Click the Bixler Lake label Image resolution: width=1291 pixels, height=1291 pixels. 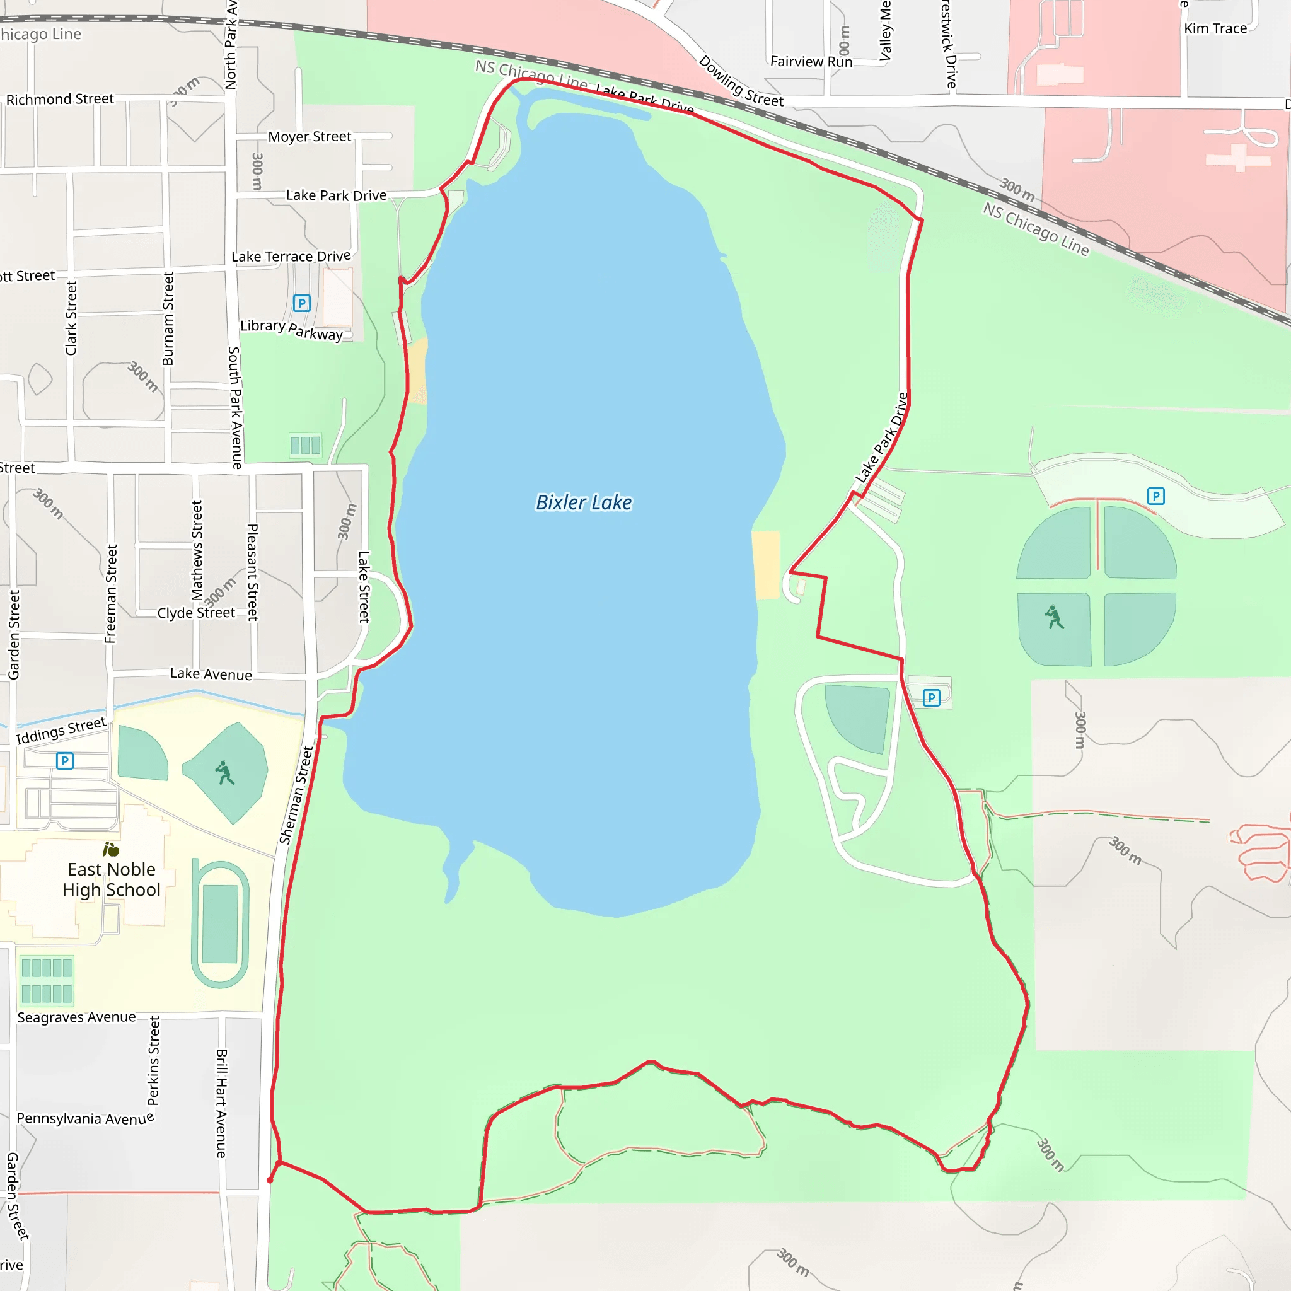click(583, 502)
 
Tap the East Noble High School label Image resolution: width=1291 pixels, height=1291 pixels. click(112, 879)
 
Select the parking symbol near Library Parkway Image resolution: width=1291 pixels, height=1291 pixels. click(302, 303)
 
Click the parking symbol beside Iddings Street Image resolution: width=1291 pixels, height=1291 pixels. click(65, 760)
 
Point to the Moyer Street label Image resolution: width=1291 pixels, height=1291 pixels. click(310, 137)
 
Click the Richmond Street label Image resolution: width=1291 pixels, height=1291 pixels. click(60, 100)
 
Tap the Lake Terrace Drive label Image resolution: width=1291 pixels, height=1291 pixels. click(291, 257)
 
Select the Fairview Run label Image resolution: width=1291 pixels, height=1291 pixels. click(811, 62)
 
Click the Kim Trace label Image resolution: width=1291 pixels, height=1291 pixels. click(1215, 29)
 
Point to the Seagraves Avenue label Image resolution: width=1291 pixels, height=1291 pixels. click(76, 1017)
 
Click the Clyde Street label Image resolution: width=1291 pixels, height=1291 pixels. click(196, 613)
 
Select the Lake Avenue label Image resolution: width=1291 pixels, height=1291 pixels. click(211, 674)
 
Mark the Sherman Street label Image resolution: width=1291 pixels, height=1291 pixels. click(296, 795)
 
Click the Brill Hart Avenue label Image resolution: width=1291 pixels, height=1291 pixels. click(222, 1103)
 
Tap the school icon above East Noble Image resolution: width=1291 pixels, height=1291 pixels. click(110, 849)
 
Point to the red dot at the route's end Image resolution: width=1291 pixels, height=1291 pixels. click(270, 1180)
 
